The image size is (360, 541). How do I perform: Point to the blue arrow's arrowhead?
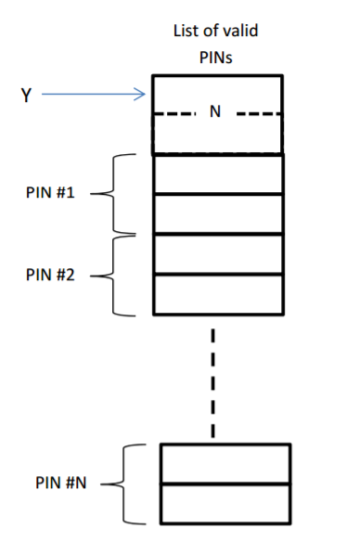pyautogui.click(x=142, y=93)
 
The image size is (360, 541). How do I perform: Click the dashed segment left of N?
pyautogui.click(x=175, y=115)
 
